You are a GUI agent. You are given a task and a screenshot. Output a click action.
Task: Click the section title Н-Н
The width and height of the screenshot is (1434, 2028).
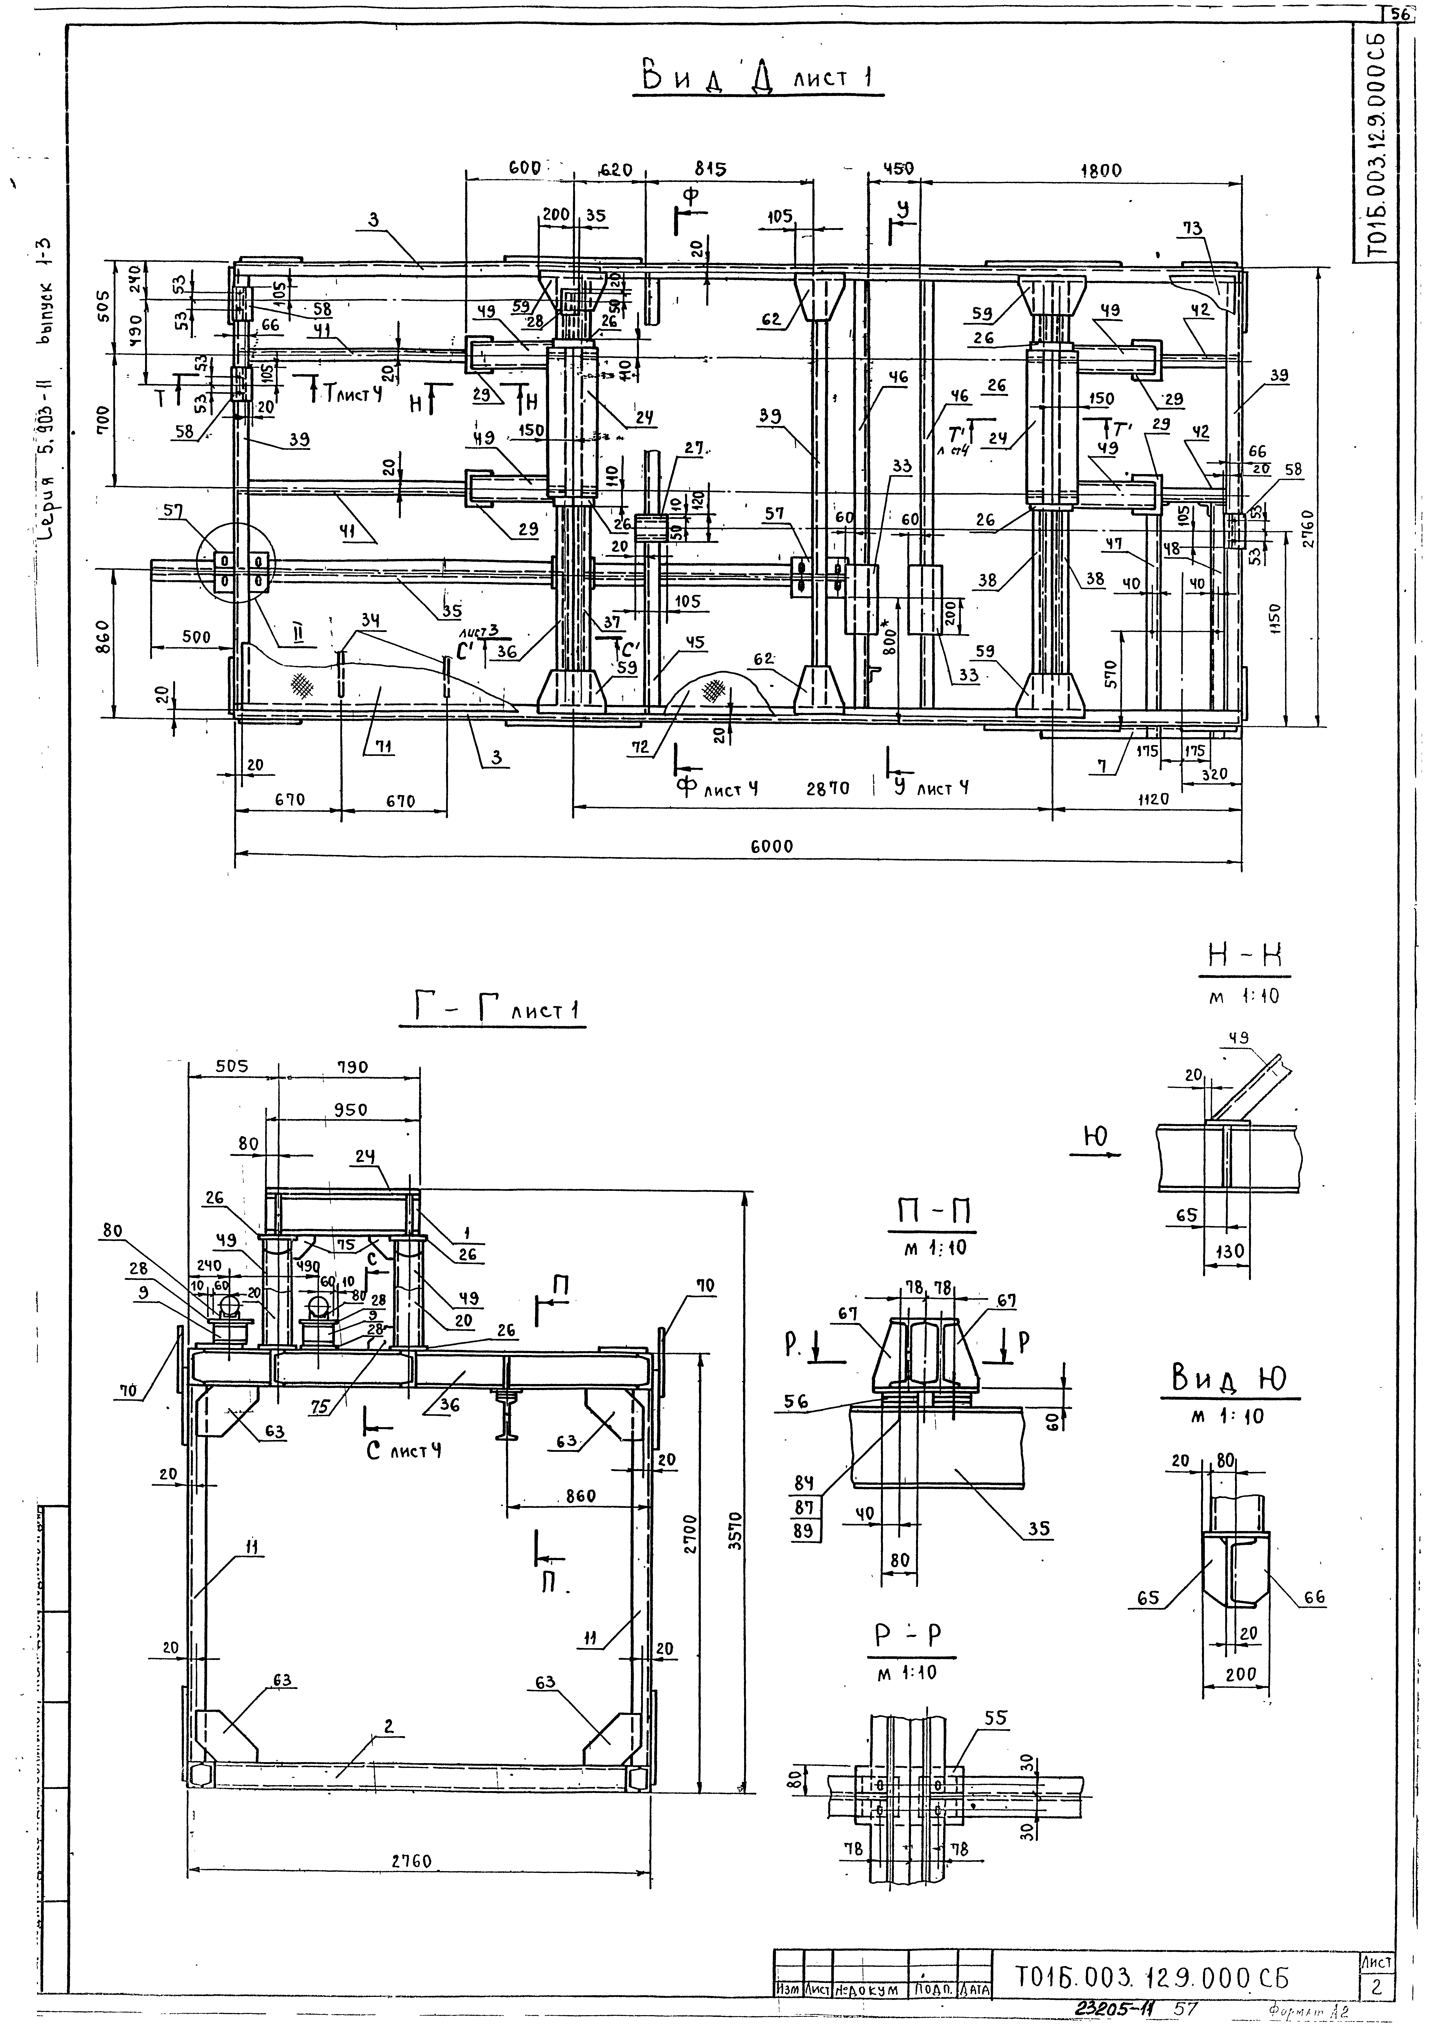pyautogui.click(x=1244, y=956)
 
